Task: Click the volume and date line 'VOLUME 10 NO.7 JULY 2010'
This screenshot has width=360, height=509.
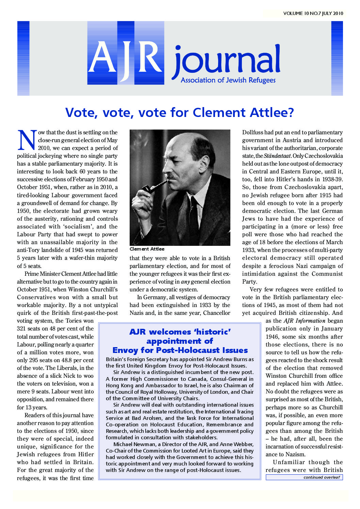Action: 313,14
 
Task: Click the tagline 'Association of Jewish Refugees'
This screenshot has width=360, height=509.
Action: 228,80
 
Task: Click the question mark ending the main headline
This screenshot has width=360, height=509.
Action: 290,113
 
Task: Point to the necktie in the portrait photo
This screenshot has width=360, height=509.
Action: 194,218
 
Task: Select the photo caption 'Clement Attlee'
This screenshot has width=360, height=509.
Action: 147,249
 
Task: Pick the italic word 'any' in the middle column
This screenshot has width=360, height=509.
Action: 185,282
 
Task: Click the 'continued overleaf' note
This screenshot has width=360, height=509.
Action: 321,477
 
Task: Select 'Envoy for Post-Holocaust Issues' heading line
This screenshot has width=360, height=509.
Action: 180,351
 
